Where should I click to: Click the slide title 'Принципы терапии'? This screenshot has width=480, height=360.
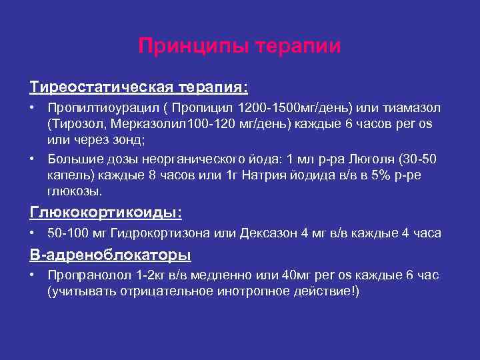[239, 46]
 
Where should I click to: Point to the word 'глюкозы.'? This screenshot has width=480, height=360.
[75, 191]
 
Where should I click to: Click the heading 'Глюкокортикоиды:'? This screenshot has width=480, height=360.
[106, 213]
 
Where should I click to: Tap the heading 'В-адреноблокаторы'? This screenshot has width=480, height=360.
[110, 255]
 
